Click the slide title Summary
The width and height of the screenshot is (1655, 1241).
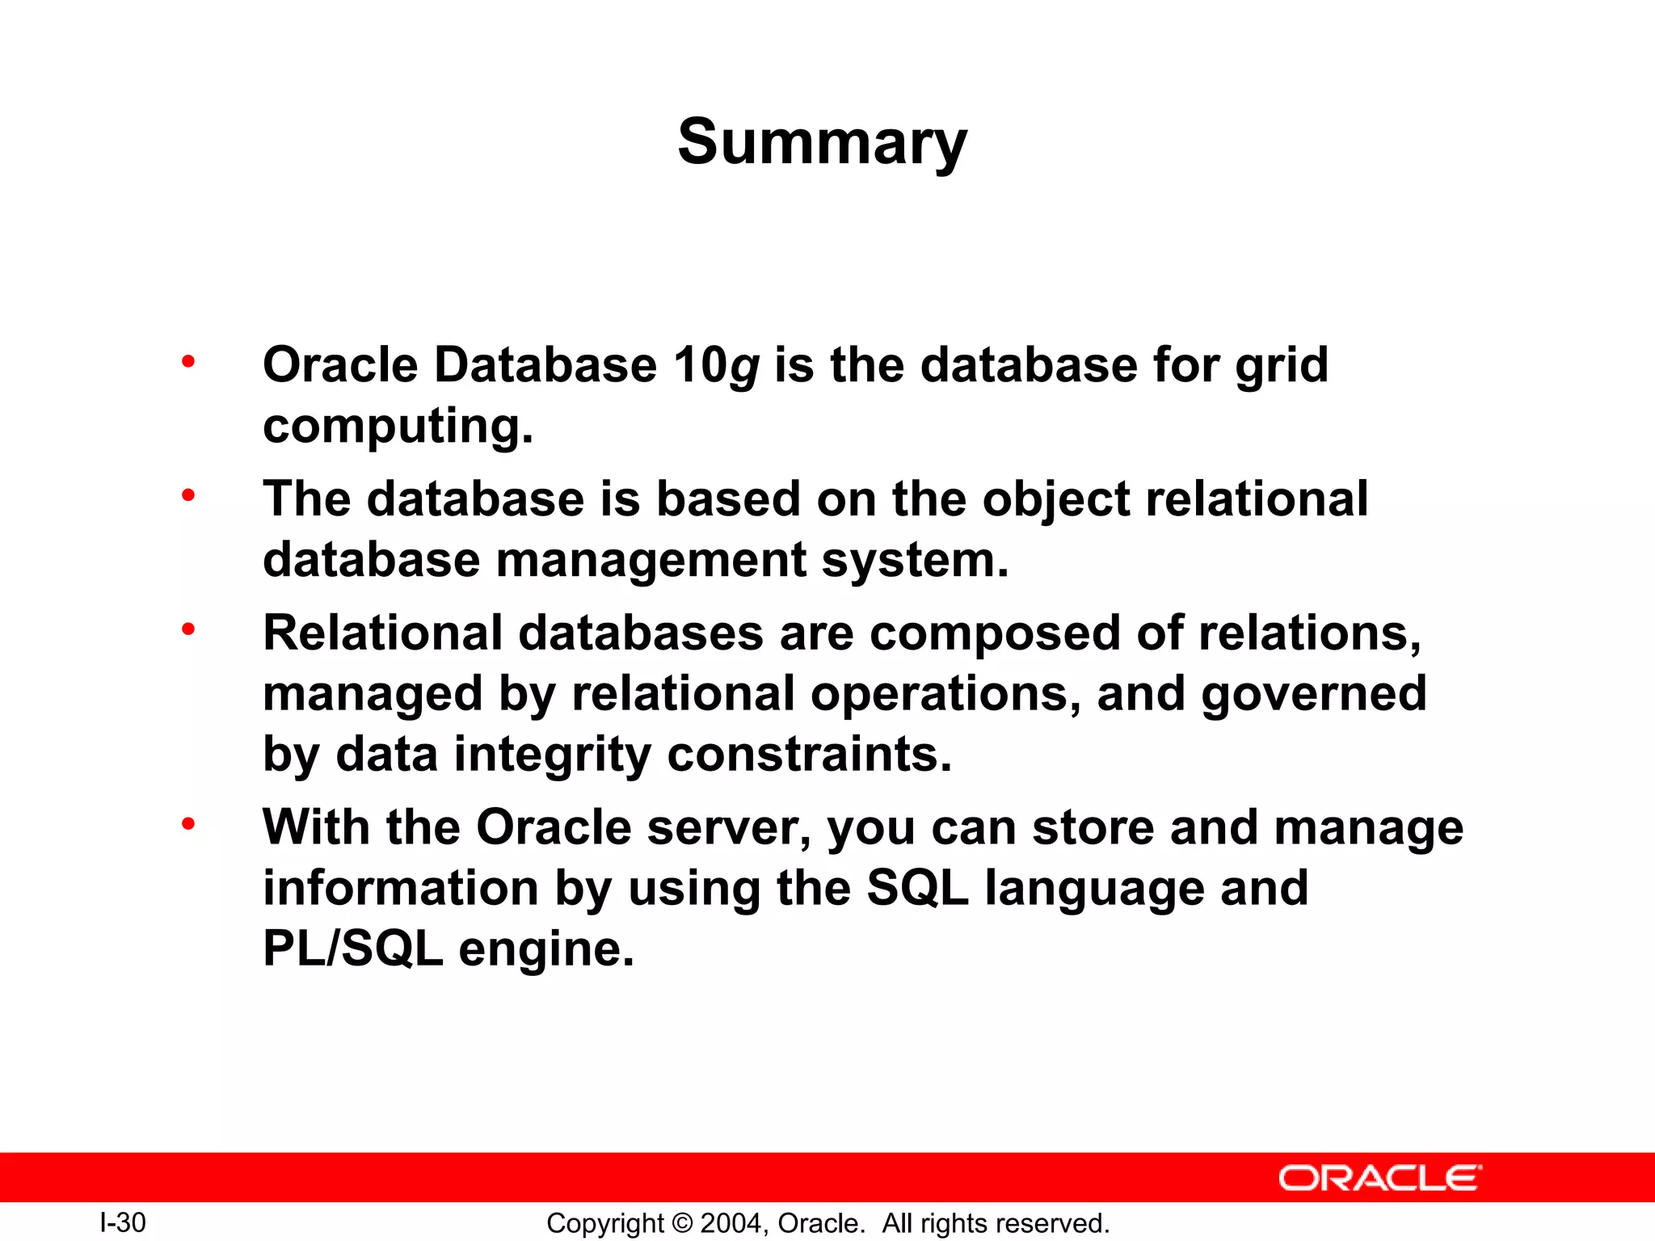click(822, 143)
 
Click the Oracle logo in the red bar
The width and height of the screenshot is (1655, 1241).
click(1379, 1178)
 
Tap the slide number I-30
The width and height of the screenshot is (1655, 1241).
click(122, 1222)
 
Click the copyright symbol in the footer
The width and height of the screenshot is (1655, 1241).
click(682, 1223)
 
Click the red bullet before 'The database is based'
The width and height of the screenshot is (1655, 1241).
click(188, 495)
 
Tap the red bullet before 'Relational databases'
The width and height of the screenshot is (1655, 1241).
click(188, 629)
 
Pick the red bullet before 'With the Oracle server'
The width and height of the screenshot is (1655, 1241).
click(188, 824)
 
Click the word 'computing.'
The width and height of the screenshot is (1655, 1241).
click(398, 427)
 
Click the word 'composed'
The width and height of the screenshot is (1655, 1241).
click(994, 634)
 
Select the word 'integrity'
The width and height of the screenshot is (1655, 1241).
click(553, 755)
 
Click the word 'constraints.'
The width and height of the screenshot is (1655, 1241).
click(809, 755)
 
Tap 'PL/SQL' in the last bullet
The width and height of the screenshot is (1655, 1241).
click(353, 949)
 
